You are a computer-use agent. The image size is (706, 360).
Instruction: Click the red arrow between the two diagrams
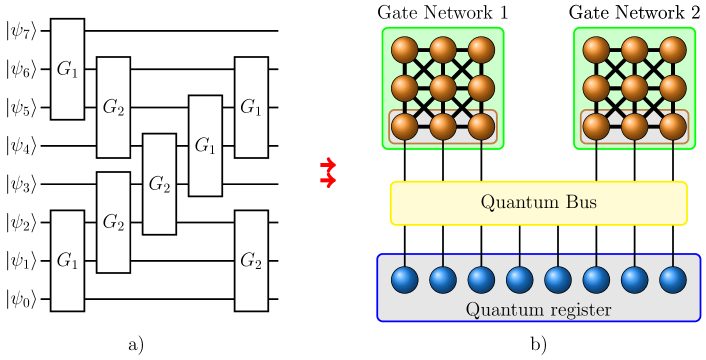(x=327, y=172)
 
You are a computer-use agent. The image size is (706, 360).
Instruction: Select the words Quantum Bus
(x=538, y=203)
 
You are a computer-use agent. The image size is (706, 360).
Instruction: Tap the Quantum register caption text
(x=538, y=309)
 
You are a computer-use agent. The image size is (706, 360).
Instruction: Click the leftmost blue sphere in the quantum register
(x=405, y=279)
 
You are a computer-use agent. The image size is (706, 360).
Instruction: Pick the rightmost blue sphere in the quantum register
(x=673, y=279)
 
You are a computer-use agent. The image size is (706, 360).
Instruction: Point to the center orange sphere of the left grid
(x=443, y=88)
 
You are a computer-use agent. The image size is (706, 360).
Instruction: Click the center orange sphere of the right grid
(x=635, y=88)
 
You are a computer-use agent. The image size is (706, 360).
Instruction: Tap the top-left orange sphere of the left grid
(x=405, y=49)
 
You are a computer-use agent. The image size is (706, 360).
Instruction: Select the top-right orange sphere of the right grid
(x=673, y=49)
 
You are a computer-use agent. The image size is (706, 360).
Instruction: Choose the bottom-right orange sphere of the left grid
(x=481, y=126)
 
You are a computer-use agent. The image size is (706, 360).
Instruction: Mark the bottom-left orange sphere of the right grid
(x=597, y=126)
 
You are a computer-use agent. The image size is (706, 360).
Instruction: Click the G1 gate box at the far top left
(x=67, y=69)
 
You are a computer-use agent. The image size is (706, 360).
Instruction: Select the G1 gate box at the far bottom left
(x=67, y=260)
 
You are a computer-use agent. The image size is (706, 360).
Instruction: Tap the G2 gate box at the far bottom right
(x=251, y=260)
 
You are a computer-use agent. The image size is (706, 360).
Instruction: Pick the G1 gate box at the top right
(x=251, y=107)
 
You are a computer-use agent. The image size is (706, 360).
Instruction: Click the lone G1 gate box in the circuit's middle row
(x=205, y=146)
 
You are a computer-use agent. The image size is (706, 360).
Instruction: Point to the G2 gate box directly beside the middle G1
(x=159, y=184)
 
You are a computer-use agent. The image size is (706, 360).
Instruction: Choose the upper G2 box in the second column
(x=113, y=107)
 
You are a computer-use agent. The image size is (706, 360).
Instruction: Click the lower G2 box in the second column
(x=113, y=222)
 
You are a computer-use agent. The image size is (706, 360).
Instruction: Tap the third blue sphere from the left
(x=481, y=279)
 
